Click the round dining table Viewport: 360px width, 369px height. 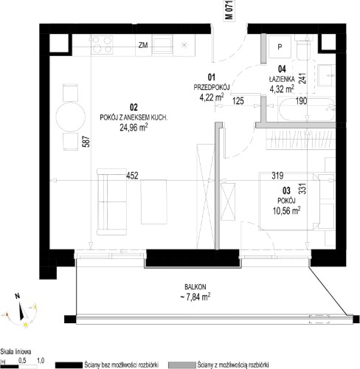pos(71,117)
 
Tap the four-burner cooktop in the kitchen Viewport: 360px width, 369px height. pos(102,44)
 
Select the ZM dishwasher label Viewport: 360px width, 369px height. pos(143,45)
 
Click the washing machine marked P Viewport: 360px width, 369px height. pos(280,46)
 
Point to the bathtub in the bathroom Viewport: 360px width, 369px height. pos(307,109)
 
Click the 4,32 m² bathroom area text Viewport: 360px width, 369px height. pos(282,89)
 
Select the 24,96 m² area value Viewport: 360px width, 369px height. pos(134,128)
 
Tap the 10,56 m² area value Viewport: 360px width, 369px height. pos(286,210)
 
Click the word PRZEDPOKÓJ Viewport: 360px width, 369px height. pos(212,87)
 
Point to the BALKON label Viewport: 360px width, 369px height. pos(195,287)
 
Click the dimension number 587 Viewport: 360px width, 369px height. pos(86,142)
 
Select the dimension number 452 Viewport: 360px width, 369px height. pos(132,176)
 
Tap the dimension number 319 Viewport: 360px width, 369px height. pos(277,176)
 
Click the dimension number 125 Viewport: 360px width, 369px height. pos(238,101)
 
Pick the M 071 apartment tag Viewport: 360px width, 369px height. pos(229,10)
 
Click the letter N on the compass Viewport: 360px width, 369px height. pos(17,296)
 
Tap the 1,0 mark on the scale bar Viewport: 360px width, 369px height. pos(41,361)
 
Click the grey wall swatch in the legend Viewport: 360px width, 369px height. pos(182,365)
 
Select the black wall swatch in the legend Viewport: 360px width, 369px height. pos(69,365)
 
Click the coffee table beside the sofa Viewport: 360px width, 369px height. pos(153,201)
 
